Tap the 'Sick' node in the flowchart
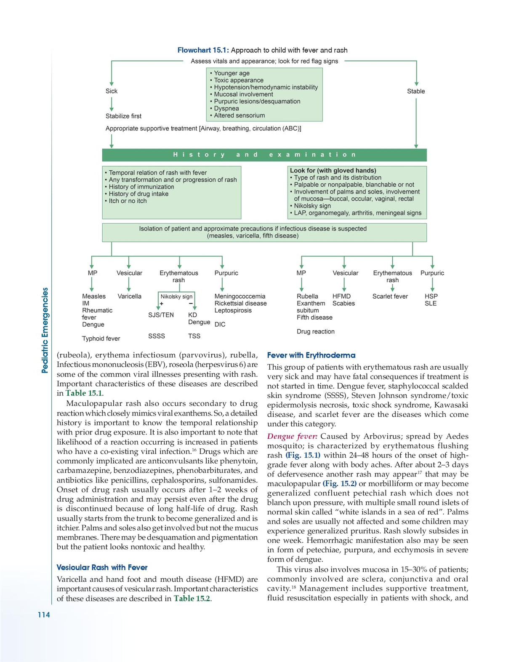point(112,91)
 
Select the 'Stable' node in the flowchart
point(416,91)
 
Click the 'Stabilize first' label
point(123,116)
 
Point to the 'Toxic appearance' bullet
point(238,80)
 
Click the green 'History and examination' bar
point(264,155)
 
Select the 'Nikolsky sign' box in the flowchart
point(176,297)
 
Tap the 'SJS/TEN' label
point(161,315)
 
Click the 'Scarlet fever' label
point(390,297)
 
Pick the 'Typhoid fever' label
point(101,339)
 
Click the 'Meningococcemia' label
point(240,297)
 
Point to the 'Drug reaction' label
point(316,331)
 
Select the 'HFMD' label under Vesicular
point(341,297)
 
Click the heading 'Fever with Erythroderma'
point(311,355)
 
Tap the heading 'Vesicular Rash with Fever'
point(102,567)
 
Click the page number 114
point(44,615)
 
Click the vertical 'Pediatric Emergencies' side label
point(45,331)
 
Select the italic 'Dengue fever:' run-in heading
point(292,437)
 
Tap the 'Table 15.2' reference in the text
point(192,598)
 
